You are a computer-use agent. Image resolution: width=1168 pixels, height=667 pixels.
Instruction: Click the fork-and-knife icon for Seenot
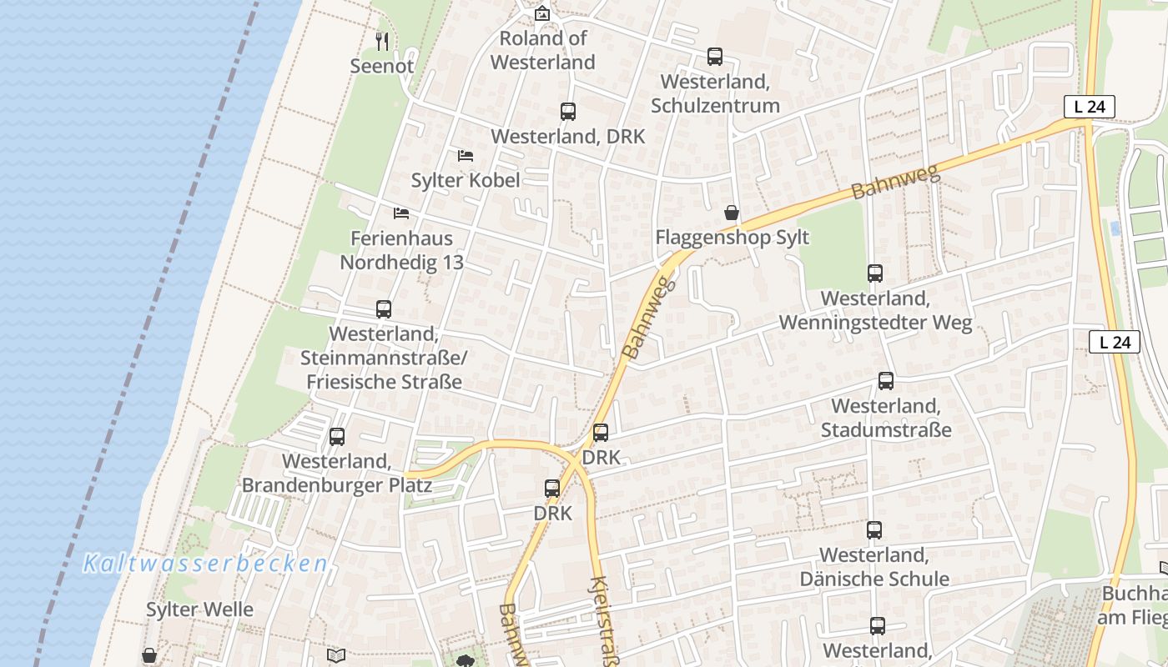382,41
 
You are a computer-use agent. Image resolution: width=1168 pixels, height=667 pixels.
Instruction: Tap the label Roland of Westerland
543,50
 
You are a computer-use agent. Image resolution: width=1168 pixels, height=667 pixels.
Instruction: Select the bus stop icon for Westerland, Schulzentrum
715,57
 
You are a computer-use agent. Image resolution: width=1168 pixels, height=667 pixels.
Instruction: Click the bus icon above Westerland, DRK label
568,112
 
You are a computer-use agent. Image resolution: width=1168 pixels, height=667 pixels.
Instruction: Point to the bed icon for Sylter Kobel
466,156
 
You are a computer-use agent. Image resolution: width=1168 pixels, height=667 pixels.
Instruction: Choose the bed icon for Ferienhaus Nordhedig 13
401,213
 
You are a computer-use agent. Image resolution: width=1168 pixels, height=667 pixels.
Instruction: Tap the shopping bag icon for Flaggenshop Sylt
732,213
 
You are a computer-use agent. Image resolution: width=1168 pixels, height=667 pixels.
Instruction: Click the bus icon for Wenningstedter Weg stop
875,273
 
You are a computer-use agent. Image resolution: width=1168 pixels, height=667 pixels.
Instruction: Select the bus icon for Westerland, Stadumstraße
886,381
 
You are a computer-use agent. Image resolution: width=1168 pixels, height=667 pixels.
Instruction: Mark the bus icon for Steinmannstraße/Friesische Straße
384,309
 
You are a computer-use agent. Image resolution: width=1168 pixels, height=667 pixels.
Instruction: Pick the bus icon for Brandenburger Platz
337,437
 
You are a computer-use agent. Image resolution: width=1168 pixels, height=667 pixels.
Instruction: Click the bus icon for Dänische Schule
874,530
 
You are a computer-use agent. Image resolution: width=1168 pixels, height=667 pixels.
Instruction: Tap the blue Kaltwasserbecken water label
205,564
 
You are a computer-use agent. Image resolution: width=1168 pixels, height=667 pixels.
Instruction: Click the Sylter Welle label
199,609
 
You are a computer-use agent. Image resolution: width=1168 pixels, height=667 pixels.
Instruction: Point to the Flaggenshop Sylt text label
732,238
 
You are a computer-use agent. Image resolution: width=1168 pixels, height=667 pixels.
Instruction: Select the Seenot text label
382,66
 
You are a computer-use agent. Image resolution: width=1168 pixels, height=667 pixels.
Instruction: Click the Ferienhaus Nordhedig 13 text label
401,250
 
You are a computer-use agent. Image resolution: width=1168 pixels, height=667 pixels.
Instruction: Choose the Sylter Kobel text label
466,180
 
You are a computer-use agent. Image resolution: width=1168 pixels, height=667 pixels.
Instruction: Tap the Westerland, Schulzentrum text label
715,93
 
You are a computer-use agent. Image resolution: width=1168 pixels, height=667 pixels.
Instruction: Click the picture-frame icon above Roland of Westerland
542,13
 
